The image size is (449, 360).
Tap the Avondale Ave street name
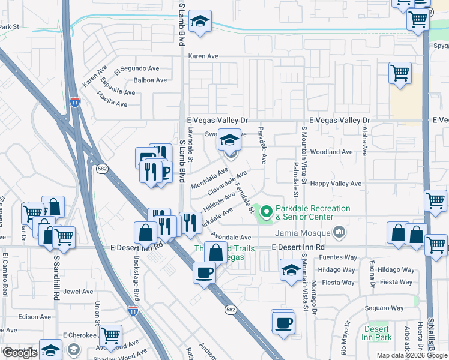(x=231, y=238)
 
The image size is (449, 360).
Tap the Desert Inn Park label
(x=378, y=333)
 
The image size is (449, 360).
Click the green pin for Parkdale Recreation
(x=265, y=212)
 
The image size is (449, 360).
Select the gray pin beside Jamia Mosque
(x=340, y=232)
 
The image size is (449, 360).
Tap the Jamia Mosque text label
(x=303, y=233)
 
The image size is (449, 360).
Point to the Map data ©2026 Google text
(x=412, y=355)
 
